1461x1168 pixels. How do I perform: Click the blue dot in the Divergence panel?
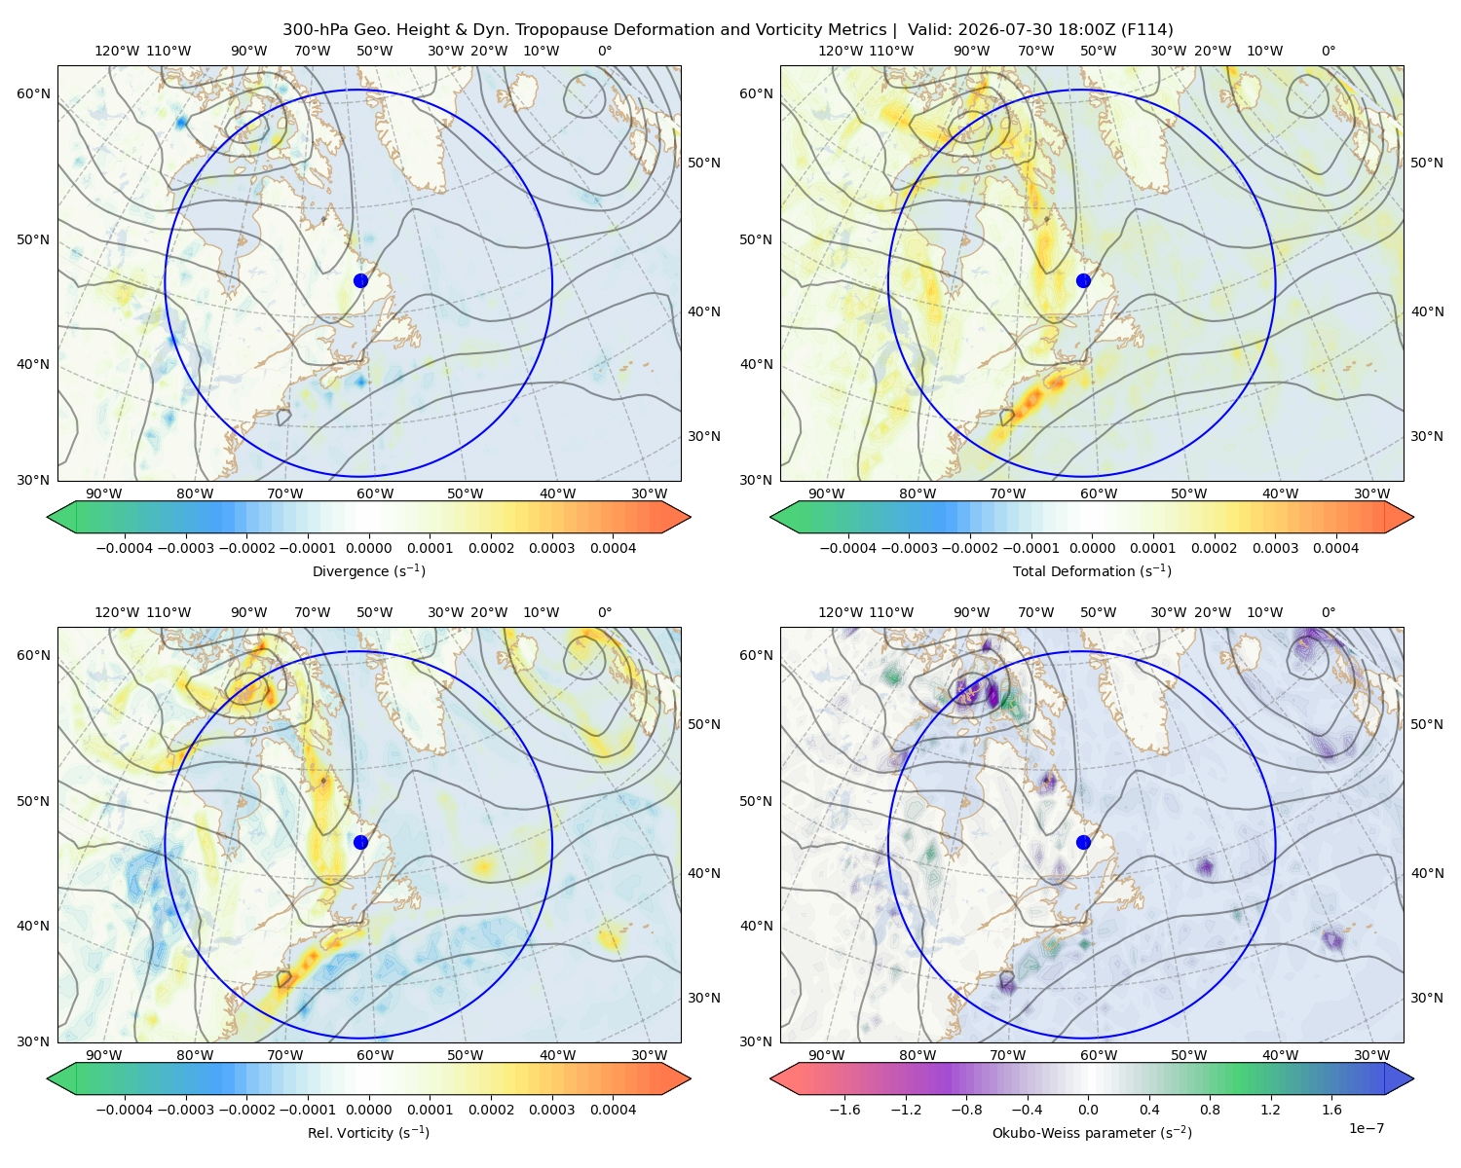point(360,280)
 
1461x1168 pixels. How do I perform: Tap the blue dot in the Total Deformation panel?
point(1083,280)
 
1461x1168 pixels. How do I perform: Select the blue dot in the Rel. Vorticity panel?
point(360,842)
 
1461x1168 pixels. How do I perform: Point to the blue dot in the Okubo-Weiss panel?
point(1083,842)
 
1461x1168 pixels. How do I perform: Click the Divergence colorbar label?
point(368,570)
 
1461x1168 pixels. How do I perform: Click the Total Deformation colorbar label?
point(1092,570)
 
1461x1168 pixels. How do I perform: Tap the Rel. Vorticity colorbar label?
point(368,1132)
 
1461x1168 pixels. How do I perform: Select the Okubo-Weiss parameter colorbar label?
point(1092,1132)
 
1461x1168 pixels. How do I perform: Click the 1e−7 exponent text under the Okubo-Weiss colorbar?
point(1366,1128)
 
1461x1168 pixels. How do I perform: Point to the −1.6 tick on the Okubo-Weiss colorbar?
point(844,1110)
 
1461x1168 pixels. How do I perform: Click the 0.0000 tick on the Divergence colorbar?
point(368,548)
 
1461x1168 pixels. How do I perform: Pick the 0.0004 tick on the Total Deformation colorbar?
point(1335,548)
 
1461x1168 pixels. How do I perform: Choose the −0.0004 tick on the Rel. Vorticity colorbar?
point(125,1110)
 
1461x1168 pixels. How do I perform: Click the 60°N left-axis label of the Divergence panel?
point(33,93)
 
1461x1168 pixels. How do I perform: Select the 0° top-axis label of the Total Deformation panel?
point(1328,51)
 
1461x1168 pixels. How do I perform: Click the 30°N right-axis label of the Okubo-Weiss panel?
point(1426,998)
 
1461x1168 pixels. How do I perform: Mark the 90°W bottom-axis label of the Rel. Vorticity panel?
point(104,1055)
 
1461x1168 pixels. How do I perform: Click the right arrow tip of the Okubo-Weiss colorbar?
point(1413,1078)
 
